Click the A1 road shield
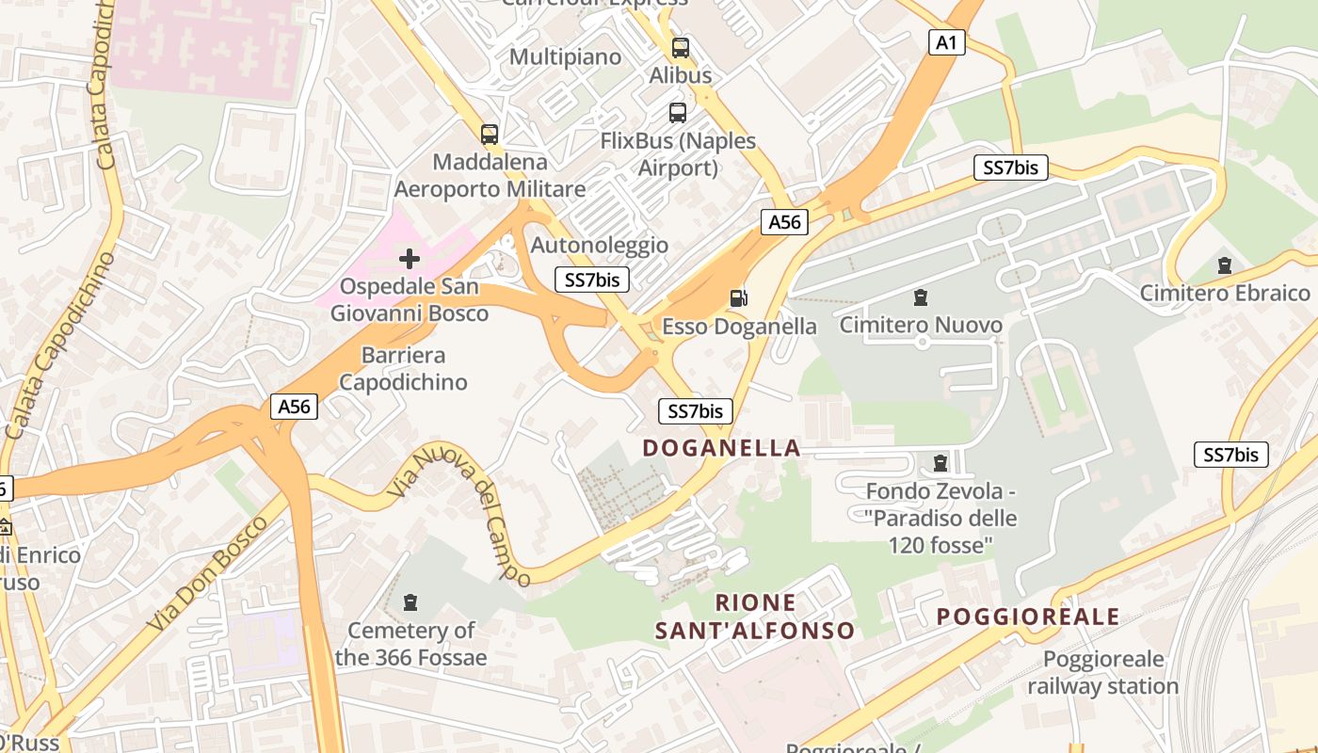click(947, 41)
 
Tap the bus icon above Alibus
click(680, 47)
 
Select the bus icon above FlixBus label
click(677, 113)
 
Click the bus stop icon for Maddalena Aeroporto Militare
click(489, 135)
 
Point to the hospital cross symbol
click(410, 258)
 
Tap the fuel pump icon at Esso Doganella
click(739, 298)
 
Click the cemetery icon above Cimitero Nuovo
click(920, 298)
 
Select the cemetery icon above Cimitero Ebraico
click(1224, 265)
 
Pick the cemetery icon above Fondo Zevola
click(940, 463)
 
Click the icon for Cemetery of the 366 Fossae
click(410, 601)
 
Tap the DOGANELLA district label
click(721, 448)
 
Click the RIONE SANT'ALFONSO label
click(755, 617)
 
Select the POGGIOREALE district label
click(1028, 617)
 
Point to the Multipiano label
click(565, 57)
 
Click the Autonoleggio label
click(600, 246)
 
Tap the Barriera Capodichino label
click(403, 369)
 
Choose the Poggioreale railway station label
click(1102, 673)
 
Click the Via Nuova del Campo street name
click(461, 512)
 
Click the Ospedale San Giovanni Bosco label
click(409, 300)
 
